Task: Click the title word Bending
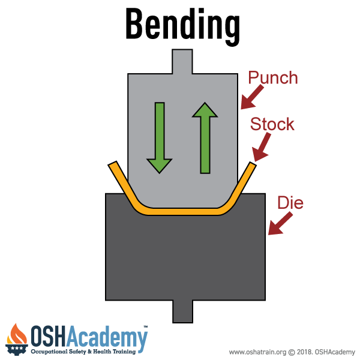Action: click(x=182, y=25)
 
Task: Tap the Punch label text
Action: click(x=273, y=78)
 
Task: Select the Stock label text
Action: click(x=272, y=124)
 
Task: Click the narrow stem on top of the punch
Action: click(x=182, y=62)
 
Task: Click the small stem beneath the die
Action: click(x=182, y=311)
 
